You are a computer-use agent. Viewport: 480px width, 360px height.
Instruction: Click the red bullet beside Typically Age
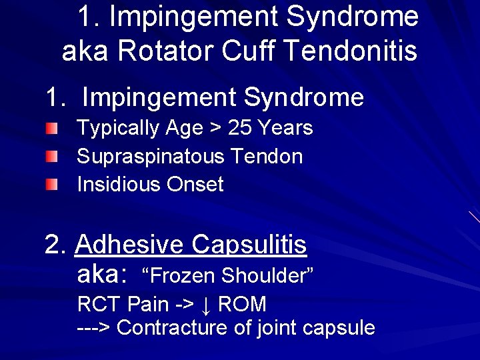tap(52, 128)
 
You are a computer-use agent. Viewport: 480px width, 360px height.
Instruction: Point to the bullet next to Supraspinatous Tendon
tap(52, 157)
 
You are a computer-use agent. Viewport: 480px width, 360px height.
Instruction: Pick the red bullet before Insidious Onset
tap(52, 184)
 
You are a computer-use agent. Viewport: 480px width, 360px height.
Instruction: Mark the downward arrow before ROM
tap(206, 305)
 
